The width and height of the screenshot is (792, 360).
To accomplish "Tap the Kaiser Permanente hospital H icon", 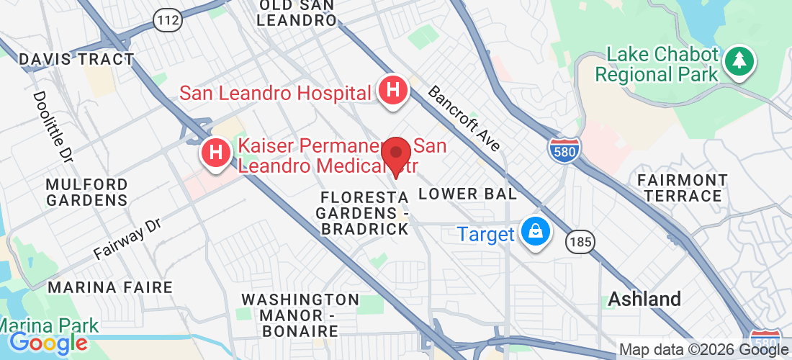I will click(x=215, y=153).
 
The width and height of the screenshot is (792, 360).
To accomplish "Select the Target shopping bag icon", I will click(x=536, y=233).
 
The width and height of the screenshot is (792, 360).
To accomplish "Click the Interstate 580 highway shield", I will click(x=564, y=149).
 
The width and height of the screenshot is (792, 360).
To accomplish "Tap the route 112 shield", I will click(x=167, y=20).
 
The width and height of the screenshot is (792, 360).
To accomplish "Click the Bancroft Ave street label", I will click(x=464, y=119).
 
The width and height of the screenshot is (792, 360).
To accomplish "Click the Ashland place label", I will click(x=644, y=299).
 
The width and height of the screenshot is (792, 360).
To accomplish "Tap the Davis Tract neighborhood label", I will click(x=76, y=59).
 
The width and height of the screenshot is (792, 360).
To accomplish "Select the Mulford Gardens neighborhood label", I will click(x=86, y=192).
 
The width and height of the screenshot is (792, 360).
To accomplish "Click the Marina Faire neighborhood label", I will click(x=110, y=287).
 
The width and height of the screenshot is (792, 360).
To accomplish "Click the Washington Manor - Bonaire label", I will click(x=300, y=315).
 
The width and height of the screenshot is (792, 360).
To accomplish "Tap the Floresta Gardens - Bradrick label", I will click(x=364, y=212).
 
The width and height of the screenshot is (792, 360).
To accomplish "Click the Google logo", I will click(x=48, y=343).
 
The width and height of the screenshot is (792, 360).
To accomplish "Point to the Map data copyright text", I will click(x=703, y=350).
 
